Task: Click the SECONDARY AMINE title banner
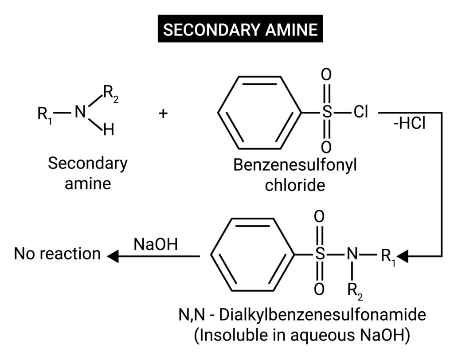coord(240,30)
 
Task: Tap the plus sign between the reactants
coord(163,113)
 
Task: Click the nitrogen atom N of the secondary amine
coord(80,113)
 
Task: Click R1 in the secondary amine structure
coord(45,114)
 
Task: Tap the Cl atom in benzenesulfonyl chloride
coord(361,113)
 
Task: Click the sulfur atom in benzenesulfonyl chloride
coord(326,113)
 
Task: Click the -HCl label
coord(409,124)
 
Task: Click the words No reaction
coord(57,254)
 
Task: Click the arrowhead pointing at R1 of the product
coord(403,256)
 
